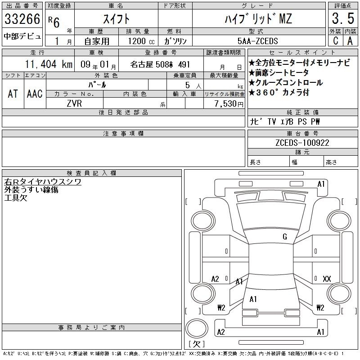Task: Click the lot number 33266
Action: click(22, 19)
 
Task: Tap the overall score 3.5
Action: click(343, 18)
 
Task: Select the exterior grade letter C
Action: click(336, 40)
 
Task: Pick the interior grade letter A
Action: click(350, 40)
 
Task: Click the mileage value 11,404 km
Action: click(49, 64)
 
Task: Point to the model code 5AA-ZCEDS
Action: click(258, 41)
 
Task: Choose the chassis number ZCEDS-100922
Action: click(302, 143)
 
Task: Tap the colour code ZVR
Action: click(74, 103)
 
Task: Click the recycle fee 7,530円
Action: click(229, 104)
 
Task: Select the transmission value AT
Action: click(13, 94)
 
